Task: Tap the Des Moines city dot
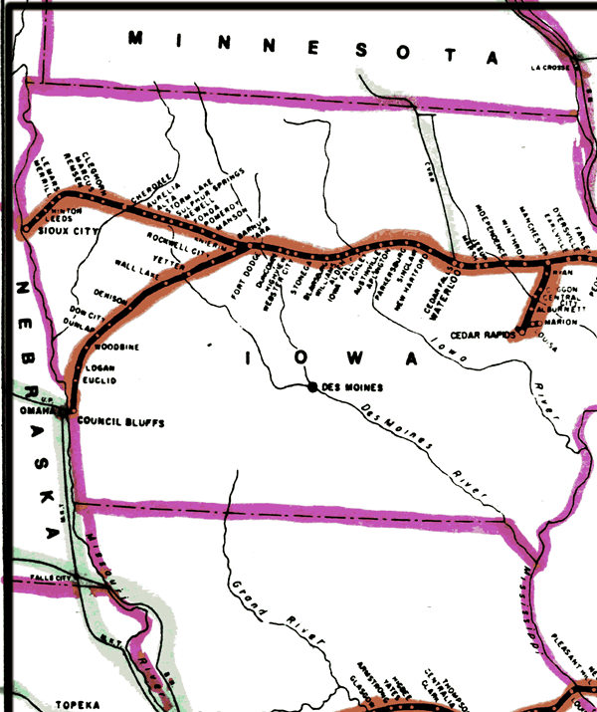click(x=312, y=386)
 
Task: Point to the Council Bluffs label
click(x=118, y=421)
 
